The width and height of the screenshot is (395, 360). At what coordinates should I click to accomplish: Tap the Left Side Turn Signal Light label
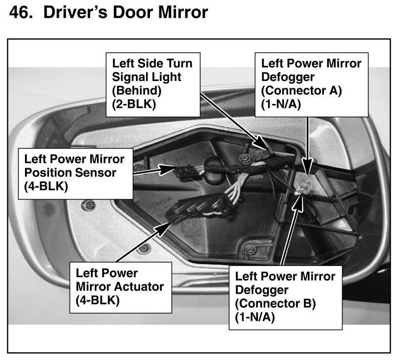(x=152, y=84)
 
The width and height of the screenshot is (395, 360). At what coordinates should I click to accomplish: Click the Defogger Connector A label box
(x=311, y=84)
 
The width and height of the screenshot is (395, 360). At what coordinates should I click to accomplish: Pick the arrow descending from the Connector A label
(x=308, y=142)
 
